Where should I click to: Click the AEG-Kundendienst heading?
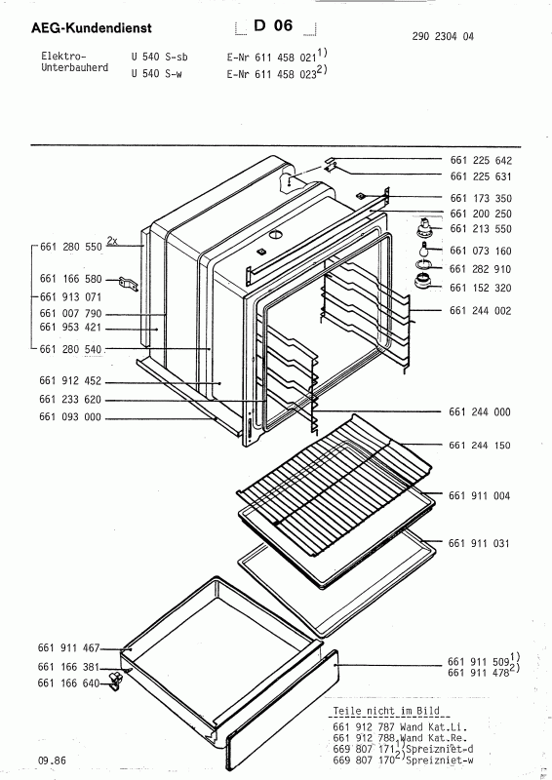[91, 28]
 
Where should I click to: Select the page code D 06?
[273, 25]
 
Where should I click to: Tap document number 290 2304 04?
[443, 36]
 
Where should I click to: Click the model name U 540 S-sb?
[159, 57]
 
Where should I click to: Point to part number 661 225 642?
[481, 160]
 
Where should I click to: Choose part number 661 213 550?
[481, 229]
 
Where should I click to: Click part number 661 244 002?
[481, 311]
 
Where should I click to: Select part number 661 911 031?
[479, 543]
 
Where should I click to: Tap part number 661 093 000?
[70, 417]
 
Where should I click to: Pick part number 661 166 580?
[70, 279]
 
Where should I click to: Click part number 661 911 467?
[68, 647]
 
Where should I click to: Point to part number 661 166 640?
[68, 683]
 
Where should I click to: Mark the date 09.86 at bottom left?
[52, 760]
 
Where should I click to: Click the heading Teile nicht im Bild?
[386, 711]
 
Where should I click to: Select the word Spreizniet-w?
[440, 760]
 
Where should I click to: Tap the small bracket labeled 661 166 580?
[128, 285]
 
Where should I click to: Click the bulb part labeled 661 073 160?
[423, 250]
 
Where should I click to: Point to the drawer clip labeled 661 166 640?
[116, 680]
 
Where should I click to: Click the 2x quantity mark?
[112, 241]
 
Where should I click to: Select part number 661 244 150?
[480, 446]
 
